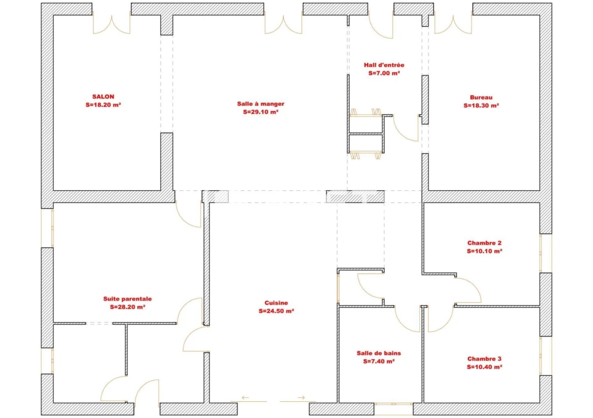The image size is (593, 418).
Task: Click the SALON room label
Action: coord(103,97)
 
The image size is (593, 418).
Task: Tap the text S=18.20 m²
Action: coord(103,105)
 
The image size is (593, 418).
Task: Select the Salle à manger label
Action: coord(261,104)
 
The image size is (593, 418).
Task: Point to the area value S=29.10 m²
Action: coord(261,112)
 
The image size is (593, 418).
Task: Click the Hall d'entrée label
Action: coord(384,65)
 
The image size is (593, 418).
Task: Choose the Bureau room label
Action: coord(481,98)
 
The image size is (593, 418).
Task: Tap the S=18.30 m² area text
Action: coord(481,106)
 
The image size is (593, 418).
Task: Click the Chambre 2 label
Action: coord(484,243)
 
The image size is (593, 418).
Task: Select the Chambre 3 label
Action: coord(484,358)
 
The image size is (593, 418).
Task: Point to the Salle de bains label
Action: coord(379,353)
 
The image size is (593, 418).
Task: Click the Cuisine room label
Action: coord(276,303)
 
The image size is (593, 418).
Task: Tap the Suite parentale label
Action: coord(127,299)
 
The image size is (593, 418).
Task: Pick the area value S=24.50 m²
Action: coord(276,311)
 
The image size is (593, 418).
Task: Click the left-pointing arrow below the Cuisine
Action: coord(246,398)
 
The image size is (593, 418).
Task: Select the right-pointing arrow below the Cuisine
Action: coord(301,398)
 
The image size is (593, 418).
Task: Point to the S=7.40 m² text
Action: coord(379,361)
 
